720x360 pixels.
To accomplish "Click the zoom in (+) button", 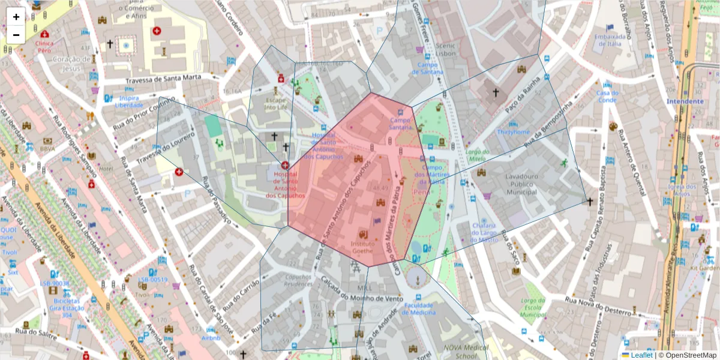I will tap(16, 17).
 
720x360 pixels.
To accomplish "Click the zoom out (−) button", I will tap(16, 34).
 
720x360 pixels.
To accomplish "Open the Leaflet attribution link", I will tap(641, 355).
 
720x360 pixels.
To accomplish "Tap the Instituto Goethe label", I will tap(362, 247).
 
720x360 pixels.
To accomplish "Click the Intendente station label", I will tap(685, 101).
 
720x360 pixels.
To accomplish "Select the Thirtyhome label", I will tap(514, 132).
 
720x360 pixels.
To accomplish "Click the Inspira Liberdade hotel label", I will tap(129, 101).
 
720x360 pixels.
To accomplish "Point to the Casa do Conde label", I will tap(607, 97).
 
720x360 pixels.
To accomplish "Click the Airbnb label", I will tap(211, 338).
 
